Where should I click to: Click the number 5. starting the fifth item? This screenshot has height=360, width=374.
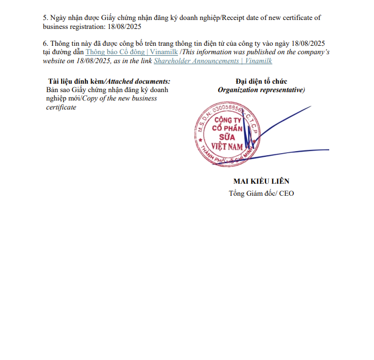click(45, 18)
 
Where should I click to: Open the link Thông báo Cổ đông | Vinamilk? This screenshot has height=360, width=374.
click(125, 53)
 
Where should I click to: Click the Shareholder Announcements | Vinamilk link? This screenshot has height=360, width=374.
click(213, 61)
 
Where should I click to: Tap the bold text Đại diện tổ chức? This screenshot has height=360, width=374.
click(261, 82)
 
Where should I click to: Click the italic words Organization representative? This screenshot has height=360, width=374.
click(260, 90)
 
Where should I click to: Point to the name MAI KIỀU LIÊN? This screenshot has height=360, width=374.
click(261, 182)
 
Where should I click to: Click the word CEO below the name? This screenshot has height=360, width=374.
click(287, 194)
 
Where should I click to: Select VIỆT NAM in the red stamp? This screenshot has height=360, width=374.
click(225, 146)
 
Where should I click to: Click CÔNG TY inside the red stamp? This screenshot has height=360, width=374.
click(226, 121)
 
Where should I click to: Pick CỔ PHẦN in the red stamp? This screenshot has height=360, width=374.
click(225, 129)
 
